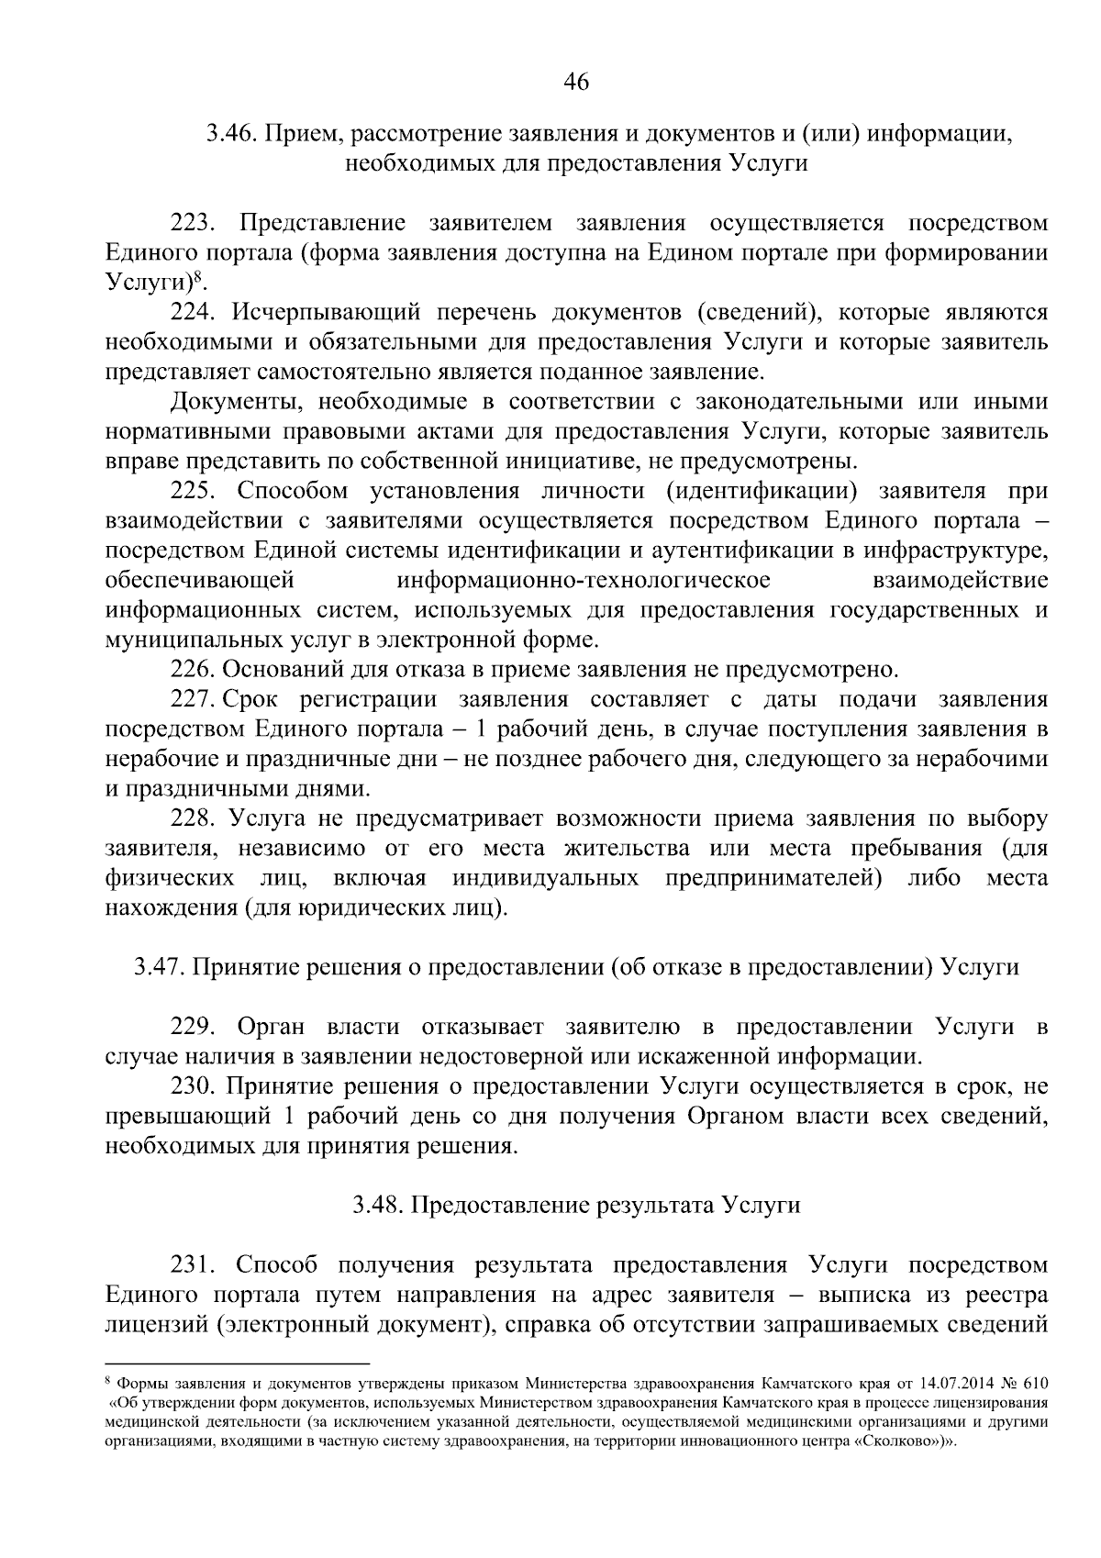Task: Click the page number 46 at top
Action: pos(575,83)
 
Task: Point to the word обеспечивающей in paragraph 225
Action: pos(199,581)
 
